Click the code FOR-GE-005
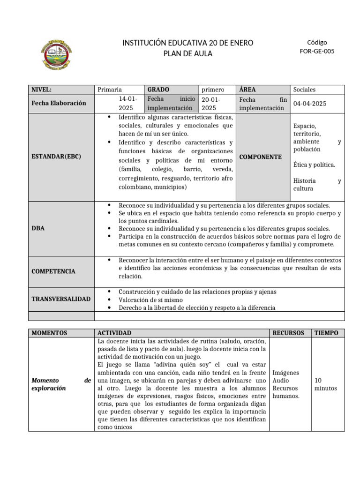pos(317,52)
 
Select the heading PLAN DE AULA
pos(187,53)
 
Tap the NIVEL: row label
pos(42,90)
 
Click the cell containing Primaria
pos(109,90)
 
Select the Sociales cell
pos(304,90)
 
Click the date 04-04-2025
pos(310,104)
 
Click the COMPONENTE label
pos(260,157)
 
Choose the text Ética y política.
pos(314,165)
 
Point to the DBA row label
pos(37,228)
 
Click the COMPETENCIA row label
pos(53,271)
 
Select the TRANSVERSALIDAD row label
pos(61,299)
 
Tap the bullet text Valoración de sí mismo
pos(150,300)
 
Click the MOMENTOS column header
pos(49,333)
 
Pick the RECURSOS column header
pos(288,333)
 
